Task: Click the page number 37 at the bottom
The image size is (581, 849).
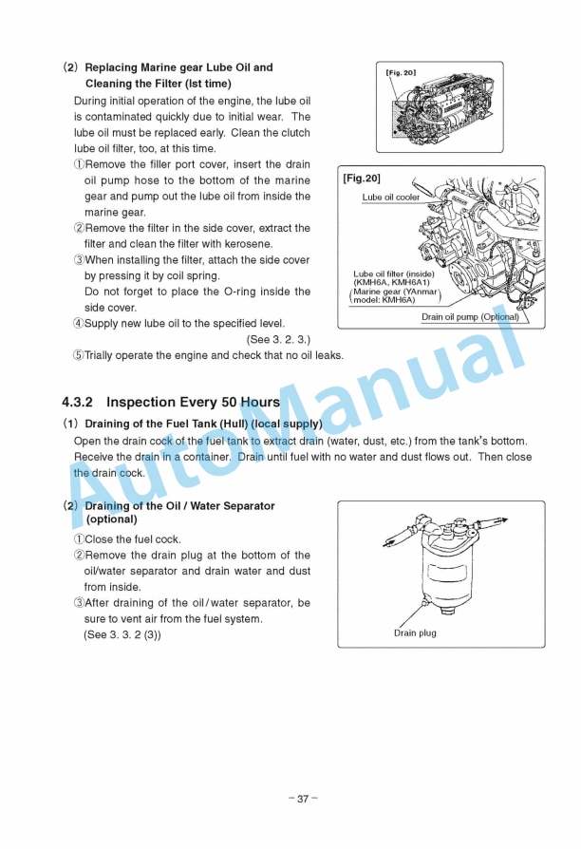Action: (x=302, y=799)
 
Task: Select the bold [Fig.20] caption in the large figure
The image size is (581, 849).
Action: (x=362, y=178)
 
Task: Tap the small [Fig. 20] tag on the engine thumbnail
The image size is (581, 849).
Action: (x=401, y=72)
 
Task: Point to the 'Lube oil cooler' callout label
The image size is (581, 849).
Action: (x=390, y=198)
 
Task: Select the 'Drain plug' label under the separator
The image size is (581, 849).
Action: (x=415, y=632)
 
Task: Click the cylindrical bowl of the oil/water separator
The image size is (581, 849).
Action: (x=441, y=569)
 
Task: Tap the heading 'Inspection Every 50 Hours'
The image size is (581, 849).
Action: (x=193, y=402)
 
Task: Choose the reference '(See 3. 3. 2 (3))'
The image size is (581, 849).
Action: (x=122, y=634)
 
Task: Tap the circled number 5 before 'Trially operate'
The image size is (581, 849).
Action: (x=78, y=355)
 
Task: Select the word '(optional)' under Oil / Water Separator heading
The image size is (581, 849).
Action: (x=112, y=519)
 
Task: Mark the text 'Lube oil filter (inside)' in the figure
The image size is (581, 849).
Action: (x=394, y=274)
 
